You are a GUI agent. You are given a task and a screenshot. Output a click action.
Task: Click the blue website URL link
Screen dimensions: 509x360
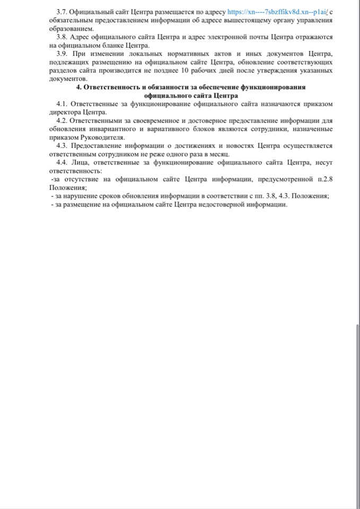(x=278, y=11)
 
